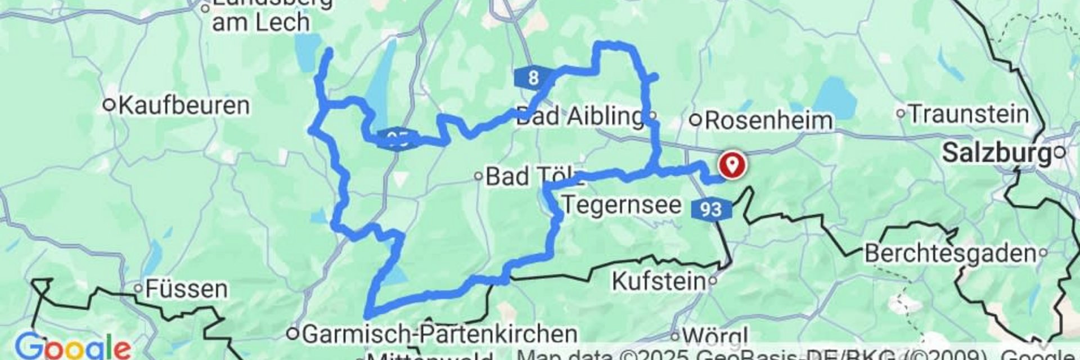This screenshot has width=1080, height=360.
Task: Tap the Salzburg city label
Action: [996, 152]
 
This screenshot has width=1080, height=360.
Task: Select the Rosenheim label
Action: [768, 120]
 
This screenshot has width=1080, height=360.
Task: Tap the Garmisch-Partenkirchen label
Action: [439, 334]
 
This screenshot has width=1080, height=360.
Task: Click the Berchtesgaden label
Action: [950, 254]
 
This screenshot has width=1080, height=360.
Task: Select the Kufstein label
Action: [659, 281]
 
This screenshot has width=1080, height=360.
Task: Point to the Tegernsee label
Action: [621, 205]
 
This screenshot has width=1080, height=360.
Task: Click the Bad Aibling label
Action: [579, 116]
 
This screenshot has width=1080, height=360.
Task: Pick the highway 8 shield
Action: [533, 78]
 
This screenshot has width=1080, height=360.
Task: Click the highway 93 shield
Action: [711, 210]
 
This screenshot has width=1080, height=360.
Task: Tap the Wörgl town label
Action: [716, 336]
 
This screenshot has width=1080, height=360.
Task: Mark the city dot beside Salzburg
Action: [1060, 152]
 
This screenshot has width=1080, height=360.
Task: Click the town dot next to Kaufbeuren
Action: [110, 105]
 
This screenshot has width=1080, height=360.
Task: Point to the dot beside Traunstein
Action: [901, 114]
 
